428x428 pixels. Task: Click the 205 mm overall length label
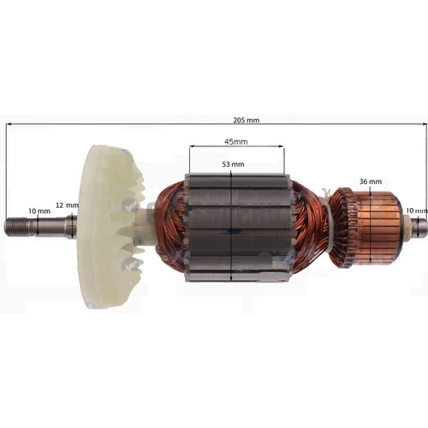click(247, 120)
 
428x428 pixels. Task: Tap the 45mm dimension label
click(235, 141)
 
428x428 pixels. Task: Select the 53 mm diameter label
click(233, 164)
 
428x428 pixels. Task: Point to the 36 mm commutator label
click(371, 181)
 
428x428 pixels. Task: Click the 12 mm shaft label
click(67, 205)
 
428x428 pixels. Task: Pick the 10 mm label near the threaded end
click(39, 211)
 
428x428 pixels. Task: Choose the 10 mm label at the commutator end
click(417, 211)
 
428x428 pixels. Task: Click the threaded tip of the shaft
click(16, 227)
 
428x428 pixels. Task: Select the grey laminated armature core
click(237, 228)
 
